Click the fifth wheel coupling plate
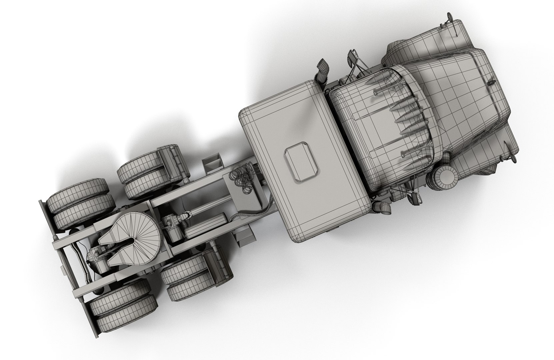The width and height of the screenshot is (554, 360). pos(133,230)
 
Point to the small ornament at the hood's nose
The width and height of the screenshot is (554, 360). pos(491,82)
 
